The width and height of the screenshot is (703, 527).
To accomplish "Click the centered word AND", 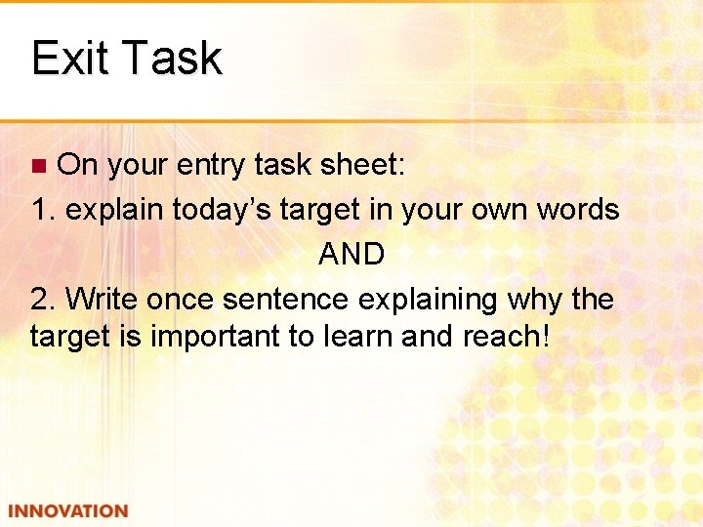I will point(351,254).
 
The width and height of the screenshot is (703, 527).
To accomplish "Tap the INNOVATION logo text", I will point(66,511).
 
